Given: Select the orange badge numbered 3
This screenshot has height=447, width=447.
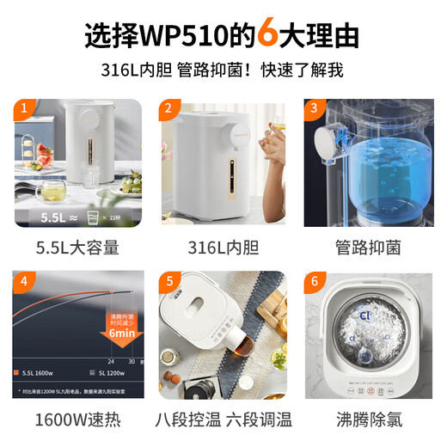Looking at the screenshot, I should coord(315,109).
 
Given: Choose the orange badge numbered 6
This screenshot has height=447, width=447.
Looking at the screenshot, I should coord(315,281).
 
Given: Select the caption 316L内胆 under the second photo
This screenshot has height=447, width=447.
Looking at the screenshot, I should coord(223,248).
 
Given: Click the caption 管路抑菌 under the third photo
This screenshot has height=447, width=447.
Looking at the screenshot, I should coord(368,248).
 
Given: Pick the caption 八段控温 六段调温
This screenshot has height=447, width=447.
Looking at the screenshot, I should coord(223,420).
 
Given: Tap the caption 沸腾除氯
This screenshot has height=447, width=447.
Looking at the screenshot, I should coord(368,420).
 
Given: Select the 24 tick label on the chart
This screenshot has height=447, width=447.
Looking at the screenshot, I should coord(111,362).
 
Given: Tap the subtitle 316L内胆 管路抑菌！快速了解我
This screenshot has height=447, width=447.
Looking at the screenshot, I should coord(223,70).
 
